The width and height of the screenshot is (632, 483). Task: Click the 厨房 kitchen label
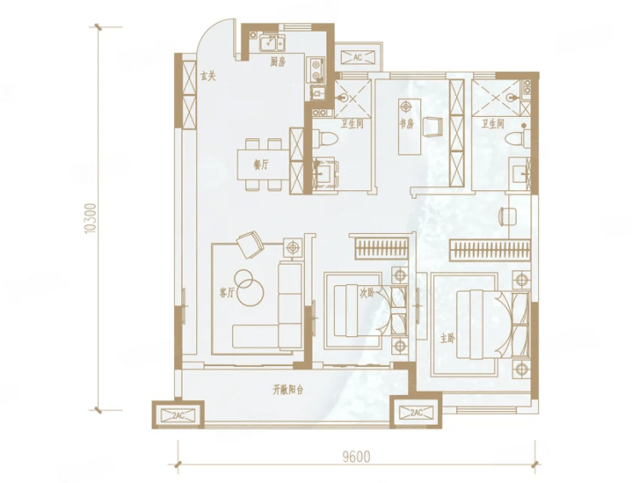pos(278,61)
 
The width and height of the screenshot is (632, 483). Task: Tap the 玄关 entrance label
pos(208,76)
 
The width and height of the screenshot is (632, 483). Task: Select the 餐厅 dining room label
pos(261,165)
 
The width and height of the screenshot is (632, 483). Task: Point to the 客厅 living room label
pos(226,293)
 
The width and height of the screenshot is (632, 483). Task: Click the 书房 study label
pos(407,124)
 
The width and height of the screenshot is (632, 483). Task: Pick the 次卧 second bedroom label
pos(366,293)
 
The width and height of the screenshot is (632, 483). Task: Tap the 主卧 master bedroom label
pos(448,339)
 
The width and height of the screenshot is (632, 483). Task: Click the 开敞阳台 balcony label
pos(288,390)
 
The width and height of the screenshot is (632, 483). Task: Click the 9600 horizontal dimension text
pos(356,457)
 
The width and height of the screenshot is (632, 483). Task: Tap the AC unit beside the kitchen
pos(358,57)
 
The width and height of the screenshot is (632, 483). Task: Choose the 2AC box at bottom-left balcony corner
pos(178,416)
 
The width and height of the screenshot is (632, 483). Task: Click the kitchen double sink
pos(272,43)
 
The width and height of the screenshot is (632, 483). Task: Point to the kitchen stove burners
pos(316,71)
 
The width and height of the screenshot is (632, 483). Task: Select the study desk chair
pos(433,126)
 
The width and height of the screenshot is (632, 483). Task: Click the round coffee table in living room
pos(249,288)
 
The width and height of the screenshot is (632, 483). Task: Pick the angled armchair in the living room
pos(250,245)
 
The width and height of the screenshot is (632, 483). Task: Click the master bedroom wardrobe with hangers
pos(489,250)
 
